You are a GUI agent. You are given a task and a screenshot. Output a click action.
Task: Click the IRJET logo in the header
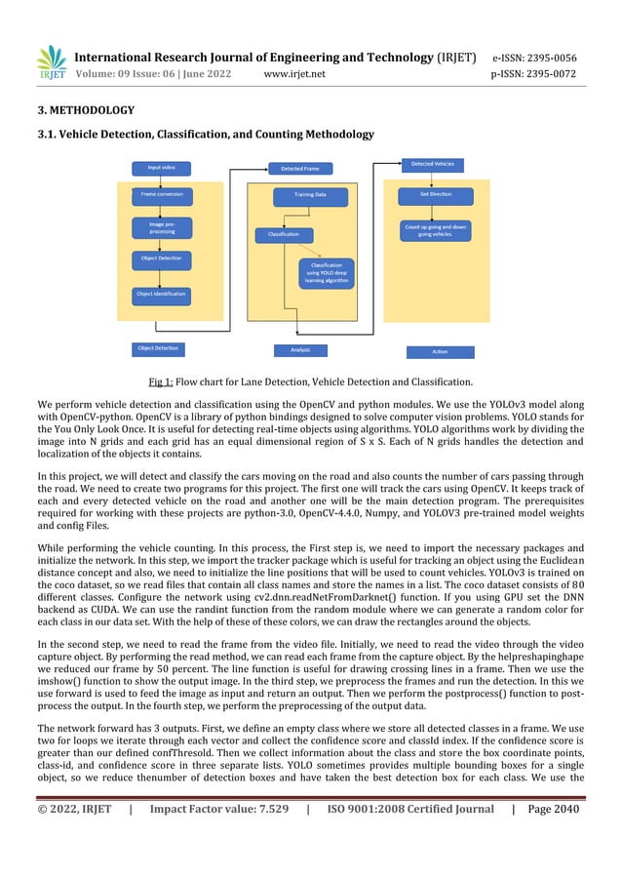(x=52, y=63)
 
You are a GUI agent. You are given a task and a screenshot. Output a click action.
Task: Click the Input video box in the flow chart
(x=161, y=168)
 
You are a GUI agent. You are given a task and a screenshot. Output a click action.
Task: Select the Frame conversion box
(x=161, y=195)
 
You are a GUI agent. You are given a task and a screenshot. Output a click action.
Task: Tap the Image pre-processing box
(x=161, y=228)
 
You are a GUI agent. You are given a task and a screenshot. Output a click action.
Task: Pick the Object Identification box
(x=161, y=293)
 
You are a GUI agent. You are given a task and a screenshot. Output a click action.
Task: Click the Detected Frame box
(x=299, y=169)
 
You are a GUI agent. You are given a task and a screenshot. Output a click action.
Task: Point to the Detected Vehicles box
(x=431, y=163)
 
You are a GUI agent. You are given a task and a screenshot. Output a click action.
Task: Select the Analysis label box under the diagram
(x=299, y=349)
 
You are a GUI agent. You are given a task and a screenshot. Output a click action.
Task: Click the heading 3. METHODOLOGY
(x=86, y=110)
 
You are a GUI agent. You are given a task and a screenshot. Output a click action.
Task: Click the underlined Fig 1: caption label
(x=161, y=381)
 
